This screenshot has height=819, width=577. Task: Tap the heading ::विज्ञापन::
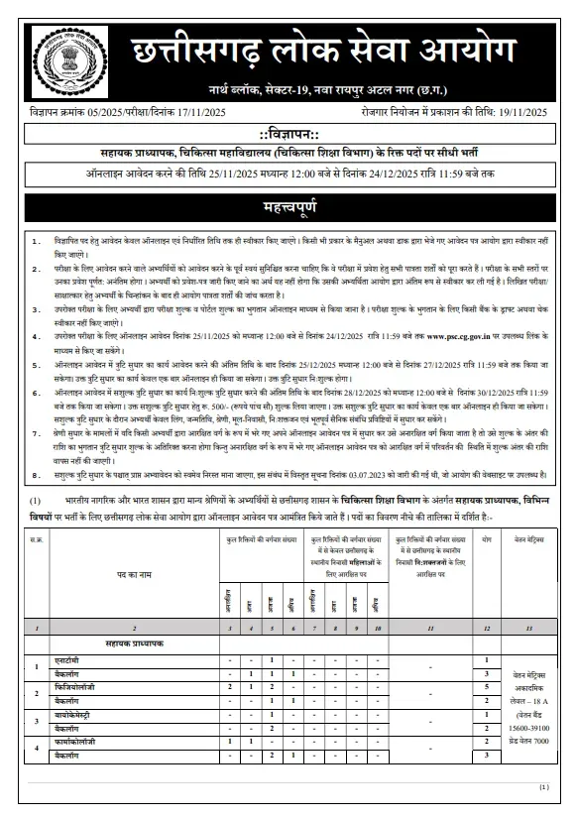click(x=288, y=134)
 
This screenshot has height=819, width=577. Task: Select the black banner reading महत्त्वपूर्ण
click(x=288, y=209)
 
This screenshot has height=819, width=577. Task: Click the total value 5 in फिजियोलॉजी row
click(x=487, y=686)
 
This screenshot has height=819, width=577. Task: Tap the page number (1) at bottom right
click(x=544, y=786)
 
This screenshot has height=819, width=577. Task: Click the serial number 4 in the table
click(x=37, y=748)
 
